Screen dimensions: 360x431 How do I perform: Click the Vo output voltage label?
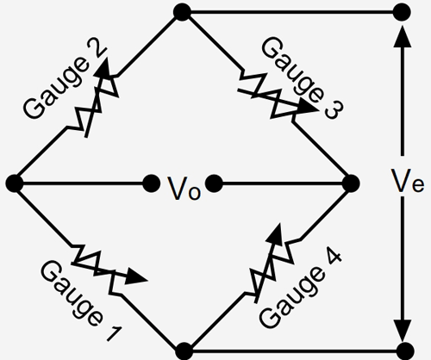click(184, 184)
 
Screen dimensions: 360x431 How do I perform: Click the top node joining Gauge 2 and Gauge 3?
click(182, 12)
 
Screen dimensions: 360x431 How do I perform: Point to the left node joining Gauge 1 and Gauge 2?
click(14, 183)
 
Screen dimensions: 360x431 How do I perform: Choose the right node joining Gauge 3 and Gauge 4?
click(350, 183)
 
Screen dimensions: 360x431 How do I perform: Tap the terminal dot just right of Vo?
click(215, 183)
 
